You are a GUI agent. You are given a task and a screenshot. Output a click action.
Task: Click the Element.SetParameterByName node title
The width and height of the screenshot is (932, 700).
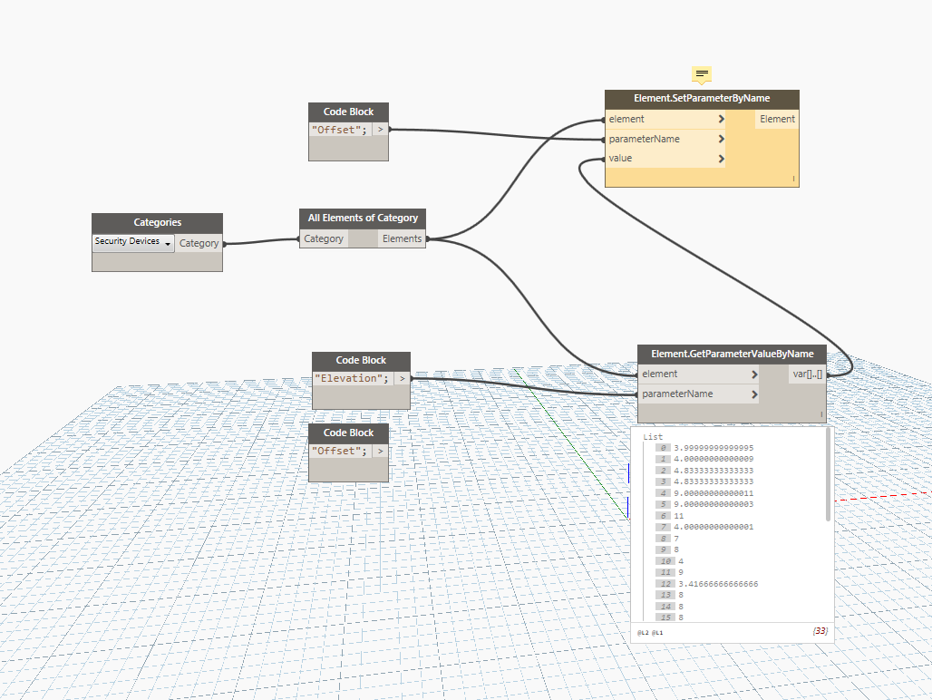click(702, 100)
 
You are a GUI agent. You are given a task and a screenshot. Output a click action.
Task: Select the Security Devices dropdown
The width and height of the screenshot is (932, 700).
click(133, 242)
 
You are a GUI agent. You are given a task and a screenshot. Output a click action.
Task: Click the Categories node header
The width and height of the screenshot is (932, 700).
click(157, 222)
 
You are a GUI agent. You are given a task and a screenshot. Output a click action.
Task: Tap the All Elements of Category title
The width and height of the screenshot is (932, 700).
click(363, 218)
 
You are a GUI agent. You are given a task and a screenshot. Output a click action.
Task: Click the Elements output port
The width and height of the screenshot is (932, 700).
click(402, 238)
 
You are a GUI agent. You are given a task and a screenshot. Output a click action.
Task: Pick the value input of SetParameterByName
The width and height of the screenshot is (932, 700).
click(621, 159)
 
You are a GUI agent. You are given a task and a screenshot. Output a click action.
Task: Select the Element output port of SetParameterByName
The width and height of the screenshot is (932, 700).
click(777, 119)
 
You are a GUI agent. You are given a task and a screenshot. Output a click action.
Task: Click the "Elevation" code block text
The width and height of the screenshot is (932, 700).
click(351, 378)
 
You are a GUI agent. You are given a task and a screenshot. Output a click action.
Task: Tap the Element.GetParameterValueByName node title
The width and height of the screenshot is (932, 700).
click(733, 354)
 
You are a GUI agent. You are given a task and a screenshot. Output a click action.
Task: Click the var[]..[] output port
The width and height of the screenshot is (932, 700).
click(807, 374)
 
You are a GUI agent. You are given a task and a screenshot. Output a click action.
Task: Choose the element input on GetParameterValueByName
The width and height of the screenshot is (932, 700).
click(659, 374)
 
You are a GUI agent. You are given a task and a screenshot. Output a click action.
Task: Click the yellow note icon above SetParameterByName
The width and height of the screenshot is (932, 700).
click(702, 73)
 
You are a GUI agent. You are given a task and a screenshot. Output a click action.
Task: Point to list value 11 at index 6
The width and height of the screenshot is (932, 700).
click(679, 515)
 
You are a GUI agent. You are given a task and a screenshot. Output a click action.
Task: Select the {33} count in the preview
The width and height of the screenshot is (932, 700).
click(820, 630)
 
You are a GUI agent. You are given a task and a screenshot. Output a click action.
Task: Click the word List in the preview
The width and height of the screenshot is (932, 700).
click(653, 437)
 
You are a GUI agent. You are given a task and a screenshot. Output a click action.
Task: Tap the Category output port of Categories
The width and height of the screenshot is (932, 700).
click(199, 243)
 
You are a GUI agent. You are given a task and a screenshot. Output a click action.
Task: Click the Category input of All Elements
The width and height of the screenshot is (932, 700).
click(324, 238)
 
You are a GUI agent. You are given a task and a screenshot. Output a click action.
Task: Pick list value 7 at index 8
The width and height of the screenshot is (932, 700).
click(676, 539)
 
